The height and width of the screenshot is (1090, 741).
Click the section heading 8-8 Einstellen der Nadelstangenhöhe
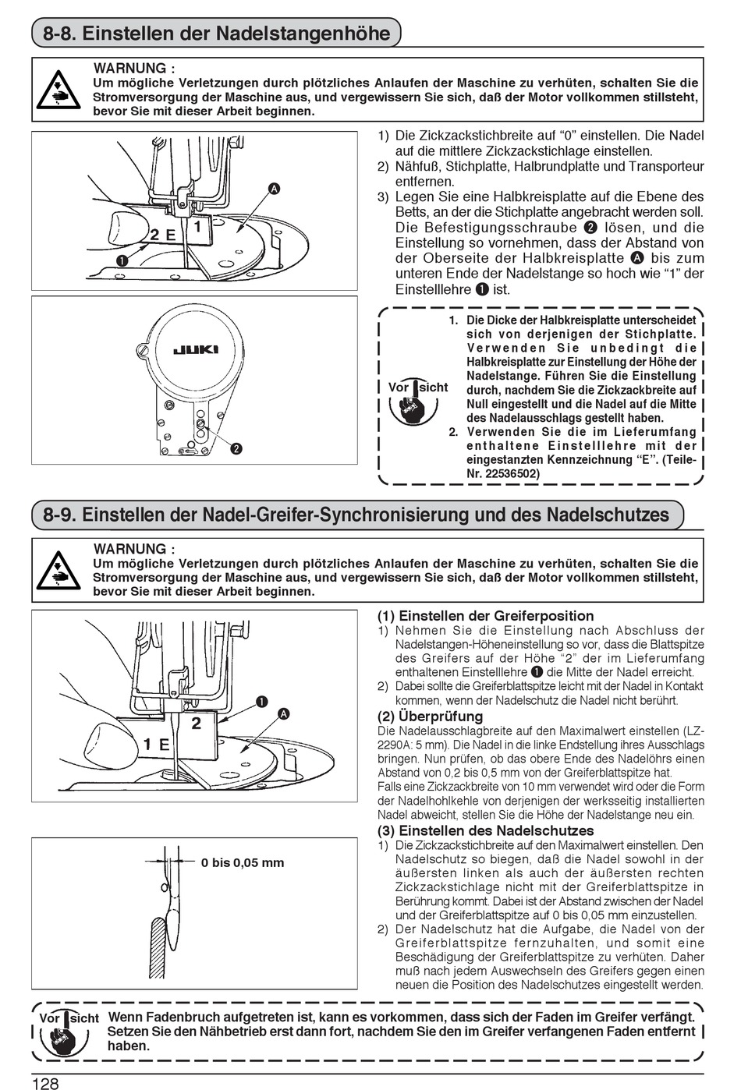click(x=216, y=34)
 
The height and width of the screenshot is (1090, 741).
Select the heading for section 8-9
click(x=356, y=515)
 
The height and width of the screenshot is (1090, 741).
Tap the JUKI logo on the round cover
click(x=195, y=349)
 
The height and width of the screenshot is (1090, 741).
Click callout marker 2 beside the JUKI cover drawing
click(x=235, y=448)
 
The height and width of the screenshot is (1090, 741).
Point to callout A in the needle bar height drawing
click(x=274, y=189)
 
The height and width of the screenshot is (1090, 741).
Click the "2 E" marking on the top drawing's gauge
click(x=162, y=234)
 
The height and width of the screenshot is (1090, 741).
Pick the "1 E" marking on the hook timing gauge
click(x=156, y=744)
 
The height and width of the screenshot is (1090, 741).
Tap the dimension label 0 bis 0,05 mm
click(x=243, y=862)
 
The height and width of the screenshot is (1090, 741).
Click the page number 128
click(x=45, y=1083)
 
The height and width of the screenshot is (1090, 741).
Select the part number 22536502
click(x=502, y=473)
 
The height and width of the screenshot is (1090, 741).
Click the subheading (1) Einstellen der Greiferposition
click(x=485, y=616)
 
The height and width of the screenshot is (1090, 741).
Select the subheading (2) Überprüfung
click(x=430, y=716)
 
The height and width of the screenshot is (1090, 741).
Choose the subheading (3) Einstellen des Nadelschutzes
click(x=485, y=830)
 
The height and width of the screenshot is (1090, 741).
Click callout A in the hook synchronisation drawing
click(x=283, y=714)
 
